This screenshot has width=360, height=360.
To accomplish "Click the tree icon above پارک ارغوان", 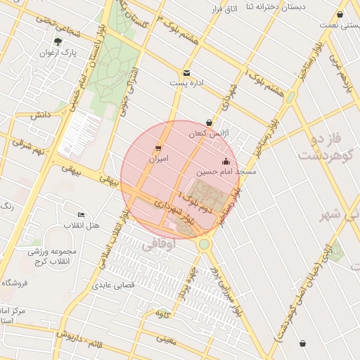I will (58, 41).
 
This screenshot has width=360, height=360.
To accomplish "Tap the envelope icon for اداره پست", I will (186, 72).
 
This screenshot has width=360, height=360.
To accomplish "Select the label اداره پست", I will (186, 83).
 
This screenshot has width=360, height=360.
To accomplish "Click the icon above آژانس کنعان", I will (209, 122).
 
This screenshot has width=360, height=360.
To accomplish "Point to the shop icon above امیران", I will (157, 148).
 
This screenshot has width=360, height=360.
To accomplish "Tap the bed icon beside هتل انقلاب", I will (82, 214).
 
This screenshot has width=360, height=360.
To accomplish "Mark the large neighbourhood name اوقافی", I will (157, 247).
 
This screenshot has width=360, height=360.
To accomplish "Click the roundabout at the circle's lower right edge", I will (204, 244).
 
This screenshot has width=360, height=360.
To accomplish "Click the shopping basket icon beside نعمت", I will (340, 14).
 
